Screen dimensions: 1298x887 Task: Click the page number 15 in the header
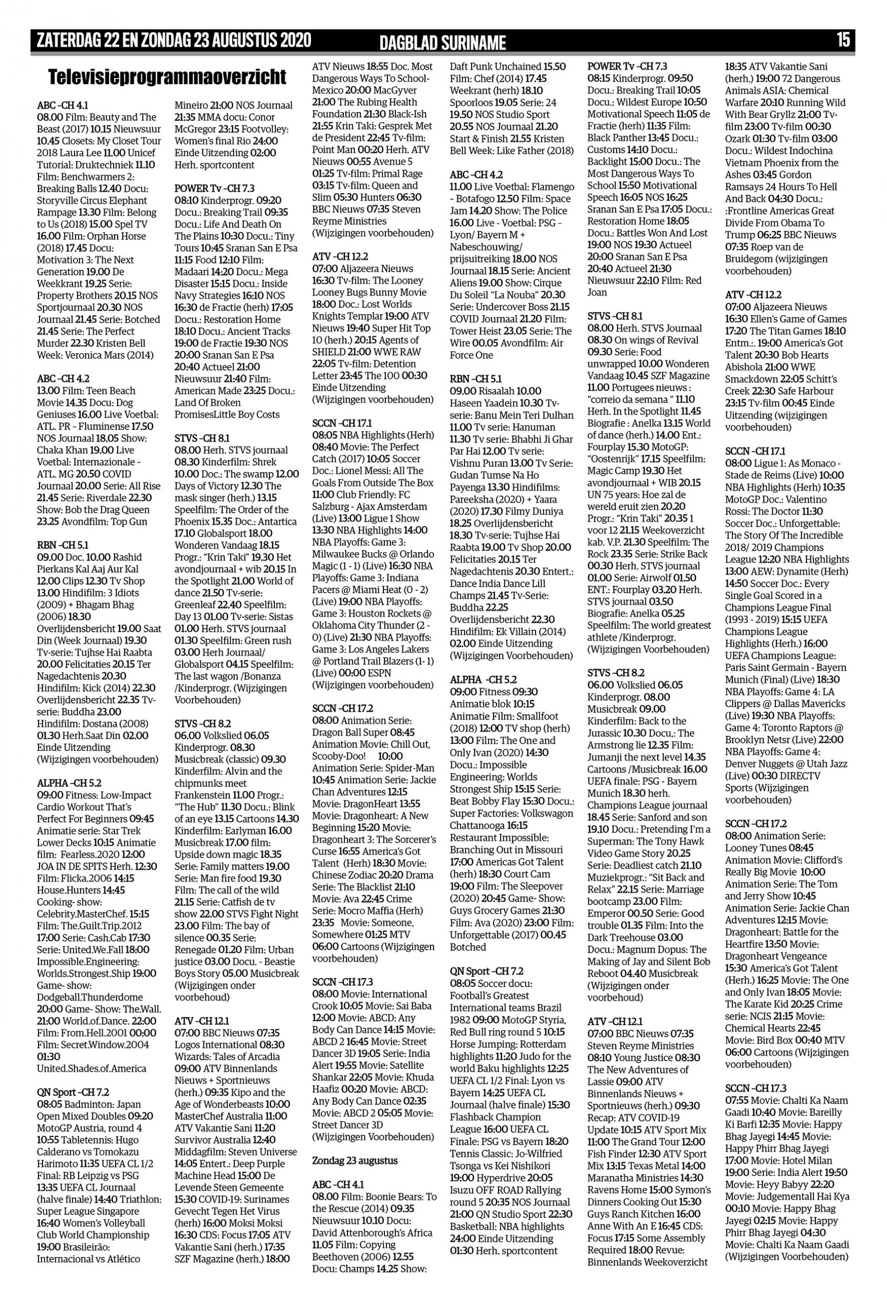[843, 40]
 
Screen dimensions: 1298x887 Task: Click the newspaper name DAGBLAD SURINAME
[442, 43]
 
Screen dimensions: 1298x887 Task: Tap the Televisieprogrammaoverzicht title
[167, 77]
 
